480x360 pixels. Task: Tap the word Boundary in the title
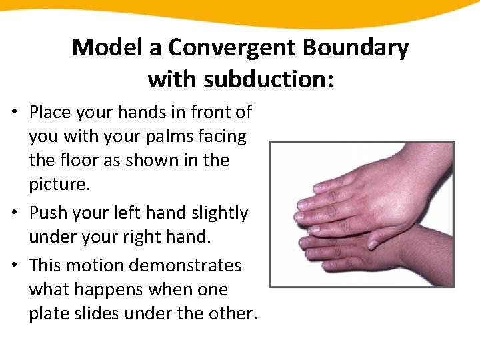[360, 48]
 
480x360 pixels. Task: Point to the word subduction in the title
[262, 79]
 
